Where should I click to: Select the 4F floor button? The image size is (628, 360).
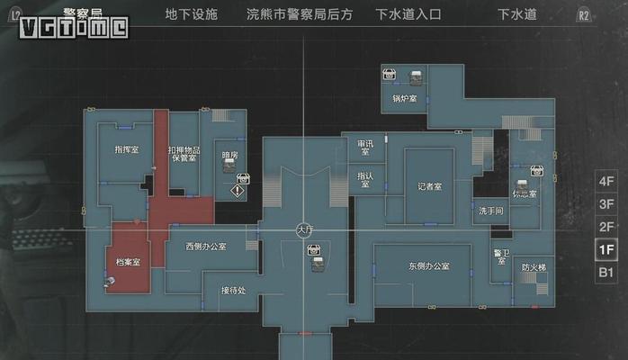click(x=606, y=180)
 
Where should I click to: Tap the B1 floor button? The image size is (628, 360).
click(x=606, y=273)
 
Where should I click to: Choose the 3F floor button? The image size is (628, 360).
click(x=606, y=203)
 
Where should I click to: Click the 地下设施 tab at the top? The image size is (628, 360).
click(x=191, y=14)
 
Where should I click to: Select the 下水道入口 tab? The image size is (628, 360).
click(x=402, y=14)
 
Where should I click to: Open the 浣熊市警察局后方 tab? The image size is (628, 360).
click(x=300, y=14)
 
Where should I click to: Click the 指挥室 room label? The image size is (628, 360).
click(x=127, y=150)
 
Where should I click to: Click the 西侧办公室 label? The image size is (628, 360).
click(x=206, y=246)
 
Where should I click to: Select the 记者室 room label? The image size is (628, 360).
click(x=430, y=187)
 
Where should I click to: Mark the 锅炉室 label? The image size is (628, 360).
click(x=405, y=97)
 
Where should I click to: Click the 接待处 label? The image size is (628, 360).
click(x=233, y=290)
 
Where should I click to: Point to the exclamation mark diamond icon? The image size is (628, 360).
click(x=238, y=191)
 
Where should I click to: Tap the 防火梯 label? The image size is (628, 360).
click(x=534, y=267)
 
